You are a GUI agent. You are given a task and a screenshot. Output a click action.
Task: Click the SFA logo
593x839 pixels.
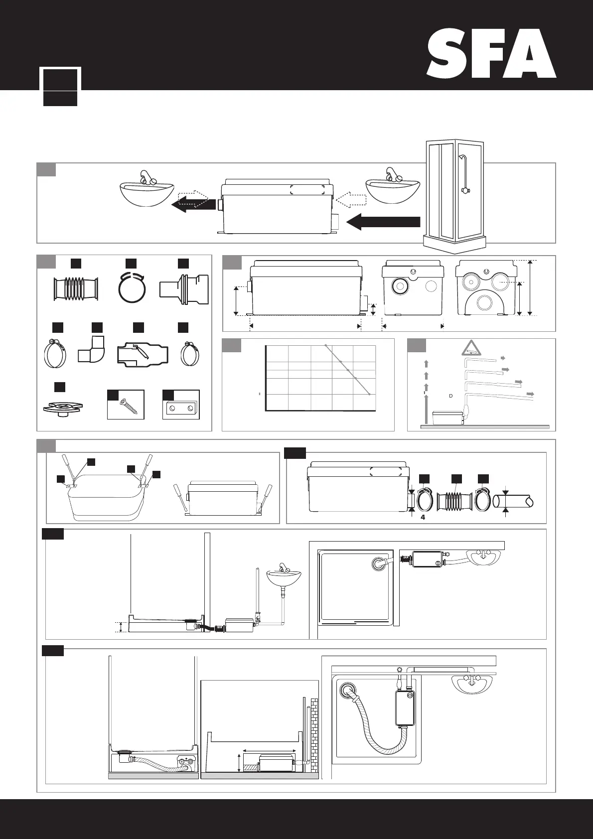click(x=491, y=53)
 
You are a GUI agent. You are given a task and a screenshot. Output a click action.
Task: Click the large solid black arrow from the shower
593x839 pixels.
click(x=384, y=222)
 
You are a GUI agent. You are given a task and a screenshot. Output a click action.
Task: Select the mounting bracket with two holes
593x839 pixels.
click(x=181, y=408)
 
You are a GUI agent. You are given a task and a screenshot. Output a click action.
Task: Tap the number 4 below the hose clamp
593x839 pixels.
click(x=423, y=517)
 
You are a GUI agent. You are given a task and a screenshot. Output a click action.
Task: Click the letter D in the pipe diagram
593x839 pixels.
click(x=450, y=396)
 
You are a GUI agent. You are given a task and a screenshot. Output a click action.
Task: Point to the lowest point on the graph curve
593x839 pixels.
click(x=369, y=395)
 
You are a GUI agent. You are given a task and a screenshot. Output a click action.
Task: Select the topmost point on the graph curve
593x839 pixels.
click(x=325, y=345)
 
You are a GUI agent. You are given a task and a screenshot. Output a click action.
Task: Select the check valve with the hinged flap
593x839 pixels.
click(x=143, y=354)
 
